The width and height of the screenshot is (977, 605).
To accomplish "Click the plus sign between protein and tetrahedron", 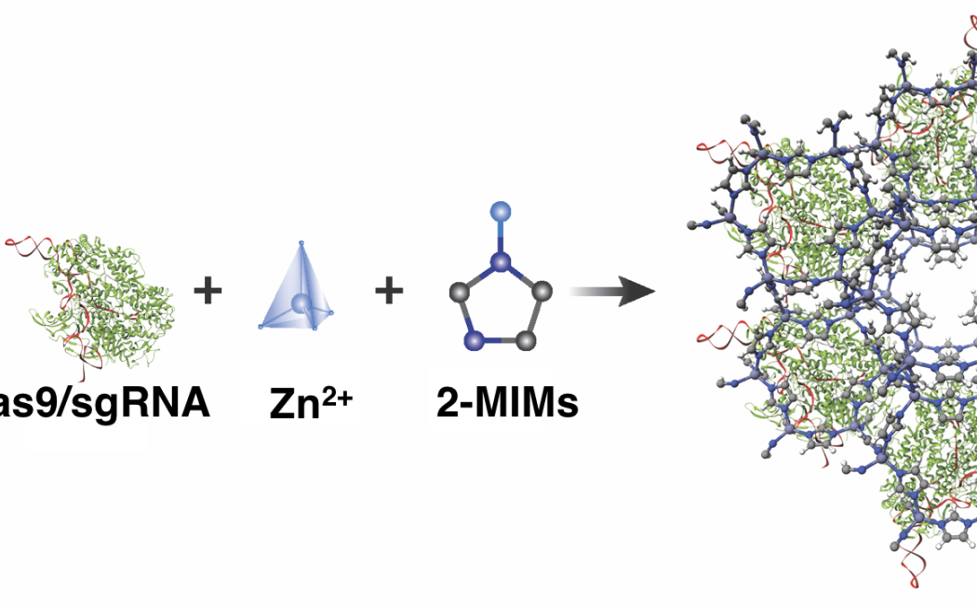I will [207, 291].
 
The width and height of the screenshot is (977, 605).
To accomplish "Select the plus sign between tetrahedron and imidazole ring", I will [389, 291].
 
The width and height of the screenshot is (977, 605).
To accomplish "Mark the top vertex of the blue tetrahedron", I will [301, 244].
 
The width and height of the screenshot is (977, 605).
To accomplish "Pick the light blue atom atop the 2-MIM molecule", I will [502, 210].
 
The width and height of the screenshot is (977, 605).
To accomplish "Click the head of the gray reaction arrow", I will [642, 291].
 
